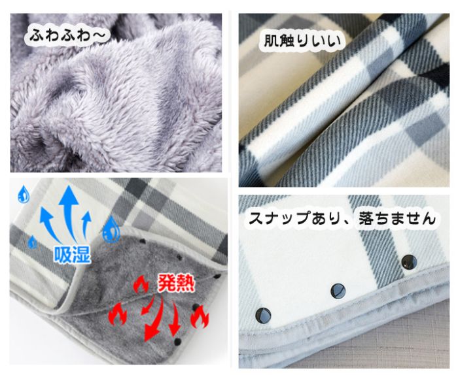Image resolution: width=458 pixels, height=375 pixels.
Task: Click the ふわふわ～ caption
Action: click(x=67, y=36)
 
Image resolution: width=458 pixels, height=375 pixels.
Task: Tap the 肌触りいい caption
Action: click(x=302, y=41)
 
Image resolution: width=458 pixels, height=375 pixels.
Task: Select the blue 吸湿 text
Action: click(x=72, y=254)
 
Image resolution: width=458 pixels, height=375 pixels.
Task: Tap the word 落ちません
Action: click(x=397, y=218)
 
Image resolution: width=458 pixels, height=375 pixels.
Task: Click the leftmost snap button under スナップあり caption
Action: click(x=263, y=315)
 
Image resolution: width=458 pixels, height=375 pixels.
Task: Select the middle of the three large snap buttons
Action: click(x=338, y=291)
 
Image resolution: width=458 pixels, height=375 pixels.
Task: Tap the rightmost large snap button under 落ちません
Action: click(x=409, y=262)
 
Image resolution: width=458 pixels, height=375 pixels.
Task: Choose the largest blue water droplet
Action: click(x=111, y=230)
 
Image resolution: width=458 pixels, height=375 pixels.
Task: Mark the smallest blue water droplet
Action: click(x=33, y=242)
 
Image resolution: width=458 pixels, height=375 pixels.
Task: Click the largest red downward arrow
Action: click(x=154, y=318)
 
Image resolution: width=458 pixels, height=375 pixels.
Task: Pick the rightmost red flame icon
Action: click(x=200, y=317)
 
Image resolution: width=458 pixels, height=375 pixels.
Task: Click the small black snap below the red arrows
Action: click(x=177, y=342)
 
